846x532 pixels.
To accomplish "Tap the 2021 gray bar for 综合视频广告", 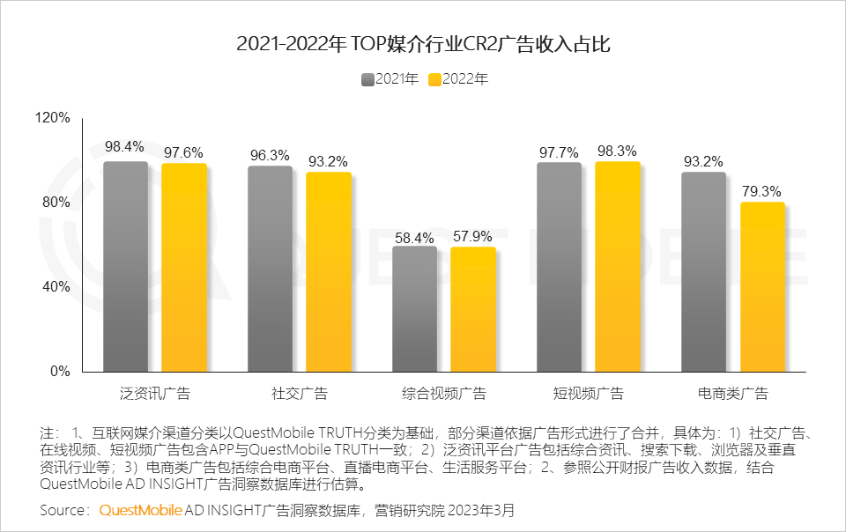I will (414, 308).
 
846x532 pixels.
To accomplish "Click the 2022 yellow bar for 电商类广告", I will (761, 286).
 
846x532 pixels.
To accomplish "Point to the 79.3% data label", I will (761, 191).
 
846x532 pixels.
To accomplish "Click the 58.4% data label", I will (414, 238).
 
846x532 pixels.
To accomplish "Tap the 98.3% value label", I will (617, 151).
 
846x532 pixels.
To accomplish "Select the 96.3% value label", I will (270, 155).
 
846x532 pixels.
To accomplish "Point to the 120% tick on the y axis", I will (52, 118).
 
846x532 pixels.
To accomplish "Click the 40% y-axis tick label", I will (56, 287).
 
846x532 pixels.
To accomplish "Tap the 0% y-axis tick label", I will (59, 372).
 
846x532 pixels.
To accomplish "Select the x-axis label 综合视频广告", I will (443, 394).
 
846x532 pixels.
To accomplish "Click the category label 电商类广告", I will (732, 394).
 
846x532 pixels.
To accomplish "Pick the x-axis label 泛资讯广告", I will (154, 394).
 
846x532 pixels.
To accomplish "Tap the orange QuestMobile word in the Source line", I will (141, 511).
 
